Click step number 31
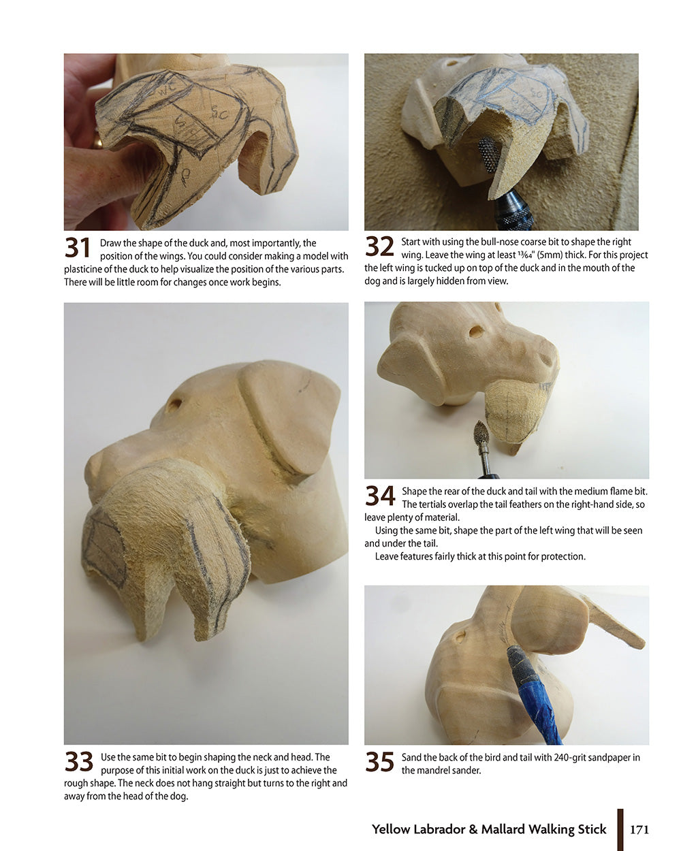point(78,248)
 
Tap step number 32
point(379,247)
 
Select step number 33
point(79,762)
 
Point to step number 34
point(380,496)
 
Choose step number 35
point(379,762)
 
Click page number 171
point(639,829)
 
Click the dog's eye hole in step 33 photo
point(174,404)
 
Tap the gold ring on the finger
point(97,142)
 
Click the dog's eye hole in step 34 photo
point(476,332)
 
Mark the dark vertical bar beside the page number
point(620,829)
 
